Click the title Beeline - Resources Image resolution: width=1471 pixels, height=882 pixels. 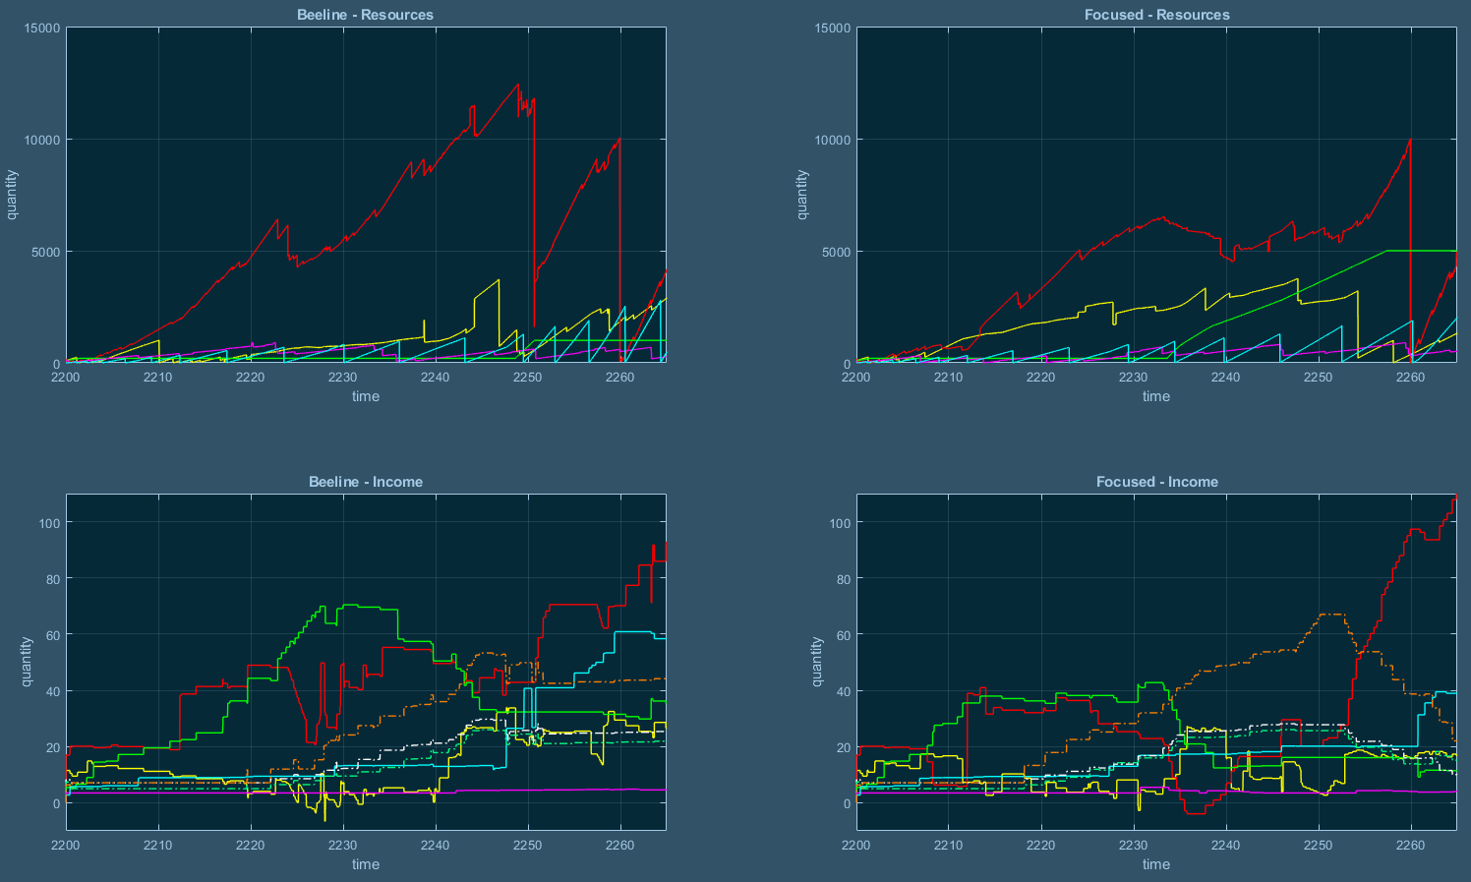(x=365, y=15)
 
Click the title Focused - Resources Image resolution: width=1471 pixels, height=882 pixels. (x=1156, y=15)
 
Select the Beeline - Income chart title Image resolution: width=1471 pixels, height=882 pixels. (x=365, y=482)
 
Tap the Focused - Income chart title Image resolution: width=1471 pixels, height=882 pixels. (x=1156, y=482)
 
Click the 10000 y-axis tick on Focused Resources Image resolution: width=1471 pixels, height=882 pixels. (x=832, y=140)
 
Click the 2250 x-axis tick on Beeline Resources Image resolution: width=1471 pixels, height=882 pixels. (x=528, y=378)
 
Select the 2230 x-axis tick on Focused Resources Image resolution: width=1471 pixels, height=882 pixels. (x=1133, y=378)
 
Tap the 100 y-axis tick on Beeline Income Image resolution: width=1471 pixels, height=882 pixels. (x=48, y=523)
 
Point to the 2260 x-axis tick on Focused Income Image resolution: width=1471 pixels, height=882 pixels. (x=1410, y=845)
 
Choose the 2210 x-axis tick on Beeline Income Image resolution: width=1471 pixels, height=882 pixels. (x=158, y=845)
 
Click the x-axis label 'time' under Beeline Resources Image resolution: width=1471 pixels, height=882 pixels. (x=365, y=396)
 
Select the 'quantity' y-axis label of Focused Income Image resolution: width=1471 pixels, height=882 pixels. (x=817, y=661)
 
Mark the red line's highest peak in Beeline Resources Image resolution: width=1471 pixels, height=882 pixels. (x=518, y=85)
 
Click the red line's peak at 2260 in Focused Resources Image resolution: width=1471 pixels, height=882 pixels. (x=1409, y=140)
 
